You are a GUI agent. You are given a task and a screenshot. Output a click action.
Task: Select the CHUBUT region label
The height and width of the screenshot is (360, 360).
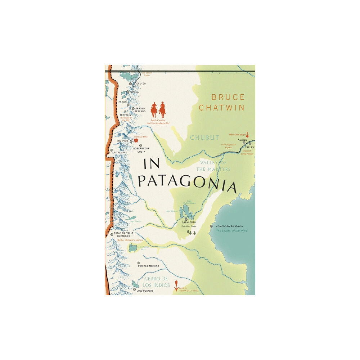pos(204,138)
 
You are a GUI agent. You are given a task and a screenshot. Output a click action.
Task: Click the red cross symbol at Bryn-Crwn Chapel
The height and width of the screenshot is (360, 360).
pos(247,135)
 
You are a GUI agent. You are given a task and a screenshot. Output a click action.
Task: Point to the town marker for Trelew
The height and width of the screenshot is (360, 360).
pos(250,143)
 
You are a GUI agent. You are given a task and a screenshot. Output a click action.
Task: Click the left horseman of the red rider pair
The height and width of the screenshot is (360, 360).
pos(154,109)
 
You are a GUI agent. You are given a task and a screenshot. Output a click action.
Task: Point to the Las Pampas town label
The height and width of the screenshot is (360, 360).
pos(120,153)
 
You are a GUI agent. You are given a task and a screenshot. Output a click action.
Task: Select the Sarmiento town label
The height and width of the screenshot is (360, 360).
pos(189,223)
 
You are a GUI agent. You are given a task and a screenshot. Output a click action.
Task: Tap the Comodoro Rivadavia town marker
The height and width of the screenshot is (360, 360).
pos(211,226)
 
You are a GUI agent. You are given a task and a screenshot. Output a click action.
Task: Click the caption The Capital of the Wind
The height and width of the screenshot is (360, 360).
pos(231,230)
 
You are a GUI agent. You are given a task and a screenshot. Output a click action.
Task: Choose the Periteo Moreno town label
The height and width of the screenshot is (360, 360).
pos(148,266)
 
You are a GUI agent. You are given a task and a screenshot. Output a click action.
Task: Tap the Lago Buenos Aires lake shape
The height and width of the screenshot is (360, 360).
pos(133,248)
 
